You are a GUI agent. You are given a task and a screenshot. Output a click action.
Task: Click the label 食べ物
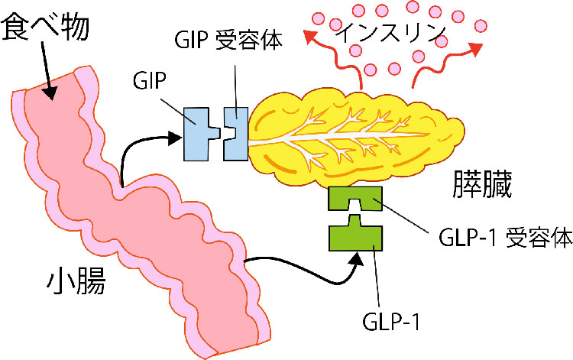pos(47,28)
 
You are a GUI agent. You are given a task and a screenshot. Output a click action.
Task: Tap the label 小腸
pos(73,282)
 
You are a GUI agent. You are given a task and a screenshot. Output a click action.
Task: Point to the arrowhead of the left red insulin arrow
pos(307,34)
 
